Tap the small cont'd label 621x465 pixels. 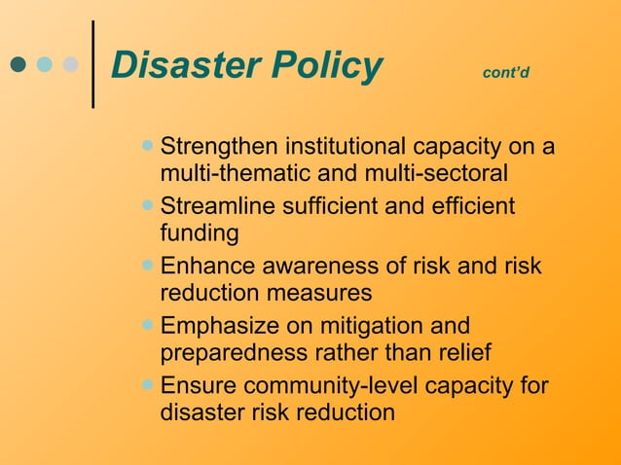506,73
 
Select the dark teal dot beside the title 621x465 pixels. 18,65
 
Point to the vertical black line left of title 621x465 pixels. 92,63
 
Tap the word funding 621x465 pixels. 199,234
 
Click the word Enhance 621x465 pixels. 206,267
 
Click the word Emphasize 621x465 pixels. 218,326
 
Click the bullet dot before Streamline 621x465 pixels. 147,205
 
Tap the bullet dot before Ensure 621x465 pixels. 147,383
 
